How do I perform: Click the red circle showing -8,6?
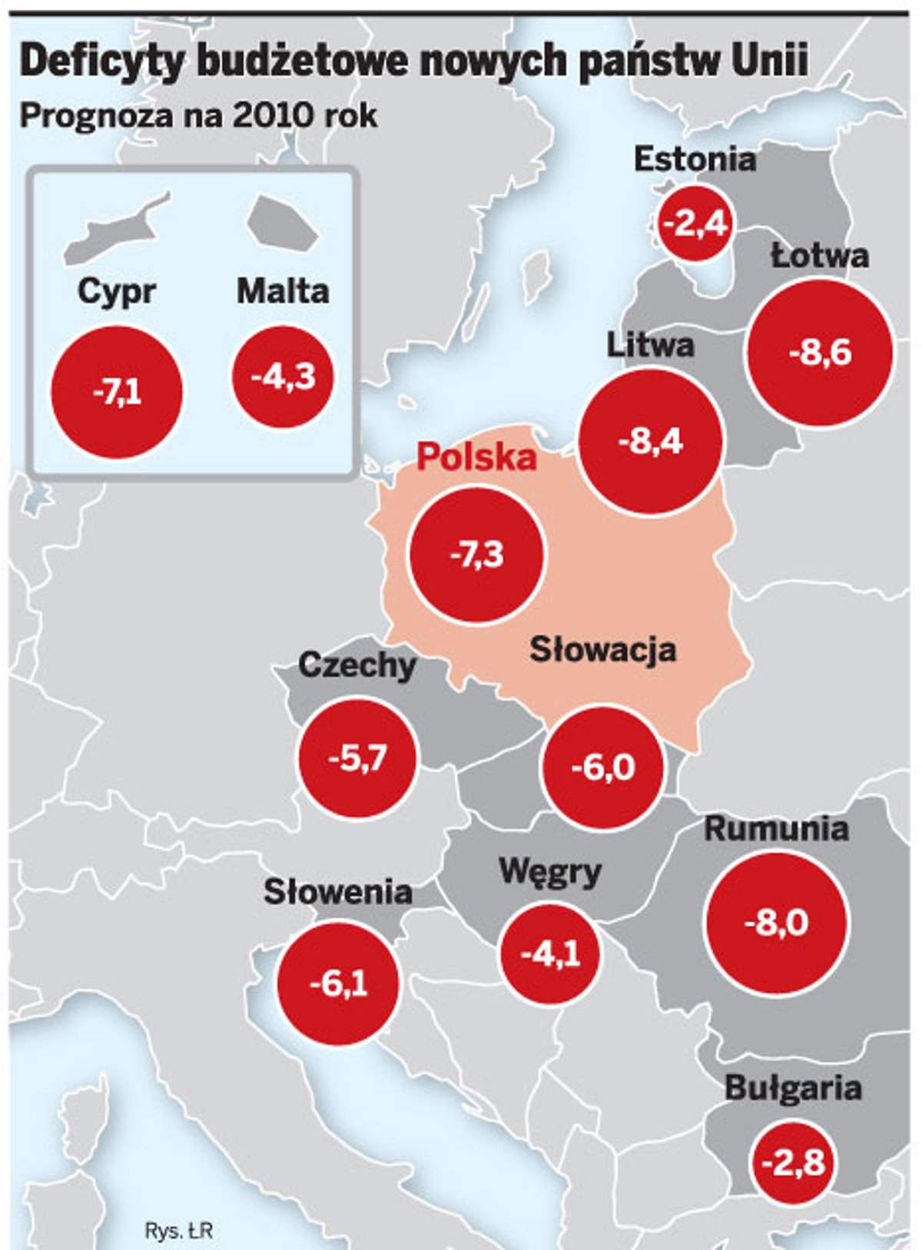[820, 353]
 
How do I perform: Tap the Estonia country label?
[695, 160]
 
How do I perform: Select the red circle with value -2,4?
[695, 224]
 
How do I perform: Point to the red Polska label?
[476, 457]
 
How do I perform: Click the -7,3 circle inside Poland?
[476, 555]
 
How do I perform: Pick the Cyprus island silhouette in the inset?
[115, 230]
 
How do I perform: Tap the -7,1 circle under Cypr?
[117, 393]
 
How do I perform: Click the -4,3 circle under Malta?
[283, 376]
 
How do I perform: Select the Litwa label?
[650, 345]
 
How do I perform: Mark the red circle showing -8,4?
[651, 442]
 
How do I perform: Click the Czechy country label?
[357, 665]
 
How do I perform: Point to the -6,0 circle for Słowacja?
[603, 768]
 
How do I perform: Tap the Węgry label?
[550, 873]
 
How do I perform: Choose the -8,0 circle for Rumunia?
[776, 922]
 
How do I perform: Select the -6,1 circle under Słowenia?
[338, 983]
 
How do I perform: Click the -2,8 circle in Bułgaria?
[793, 1162]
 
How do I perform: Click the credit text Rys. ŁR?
[178, 1230]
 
